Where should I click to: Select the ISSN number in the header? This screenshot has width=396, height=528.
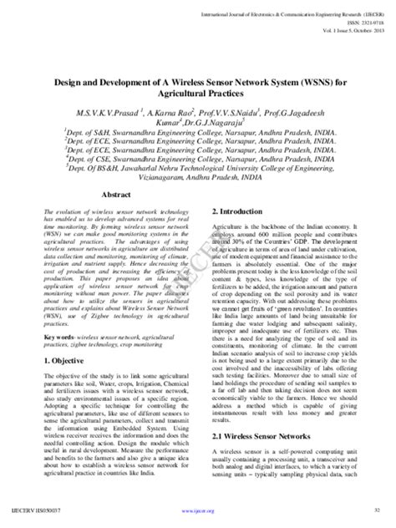[x=363, y=23]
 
